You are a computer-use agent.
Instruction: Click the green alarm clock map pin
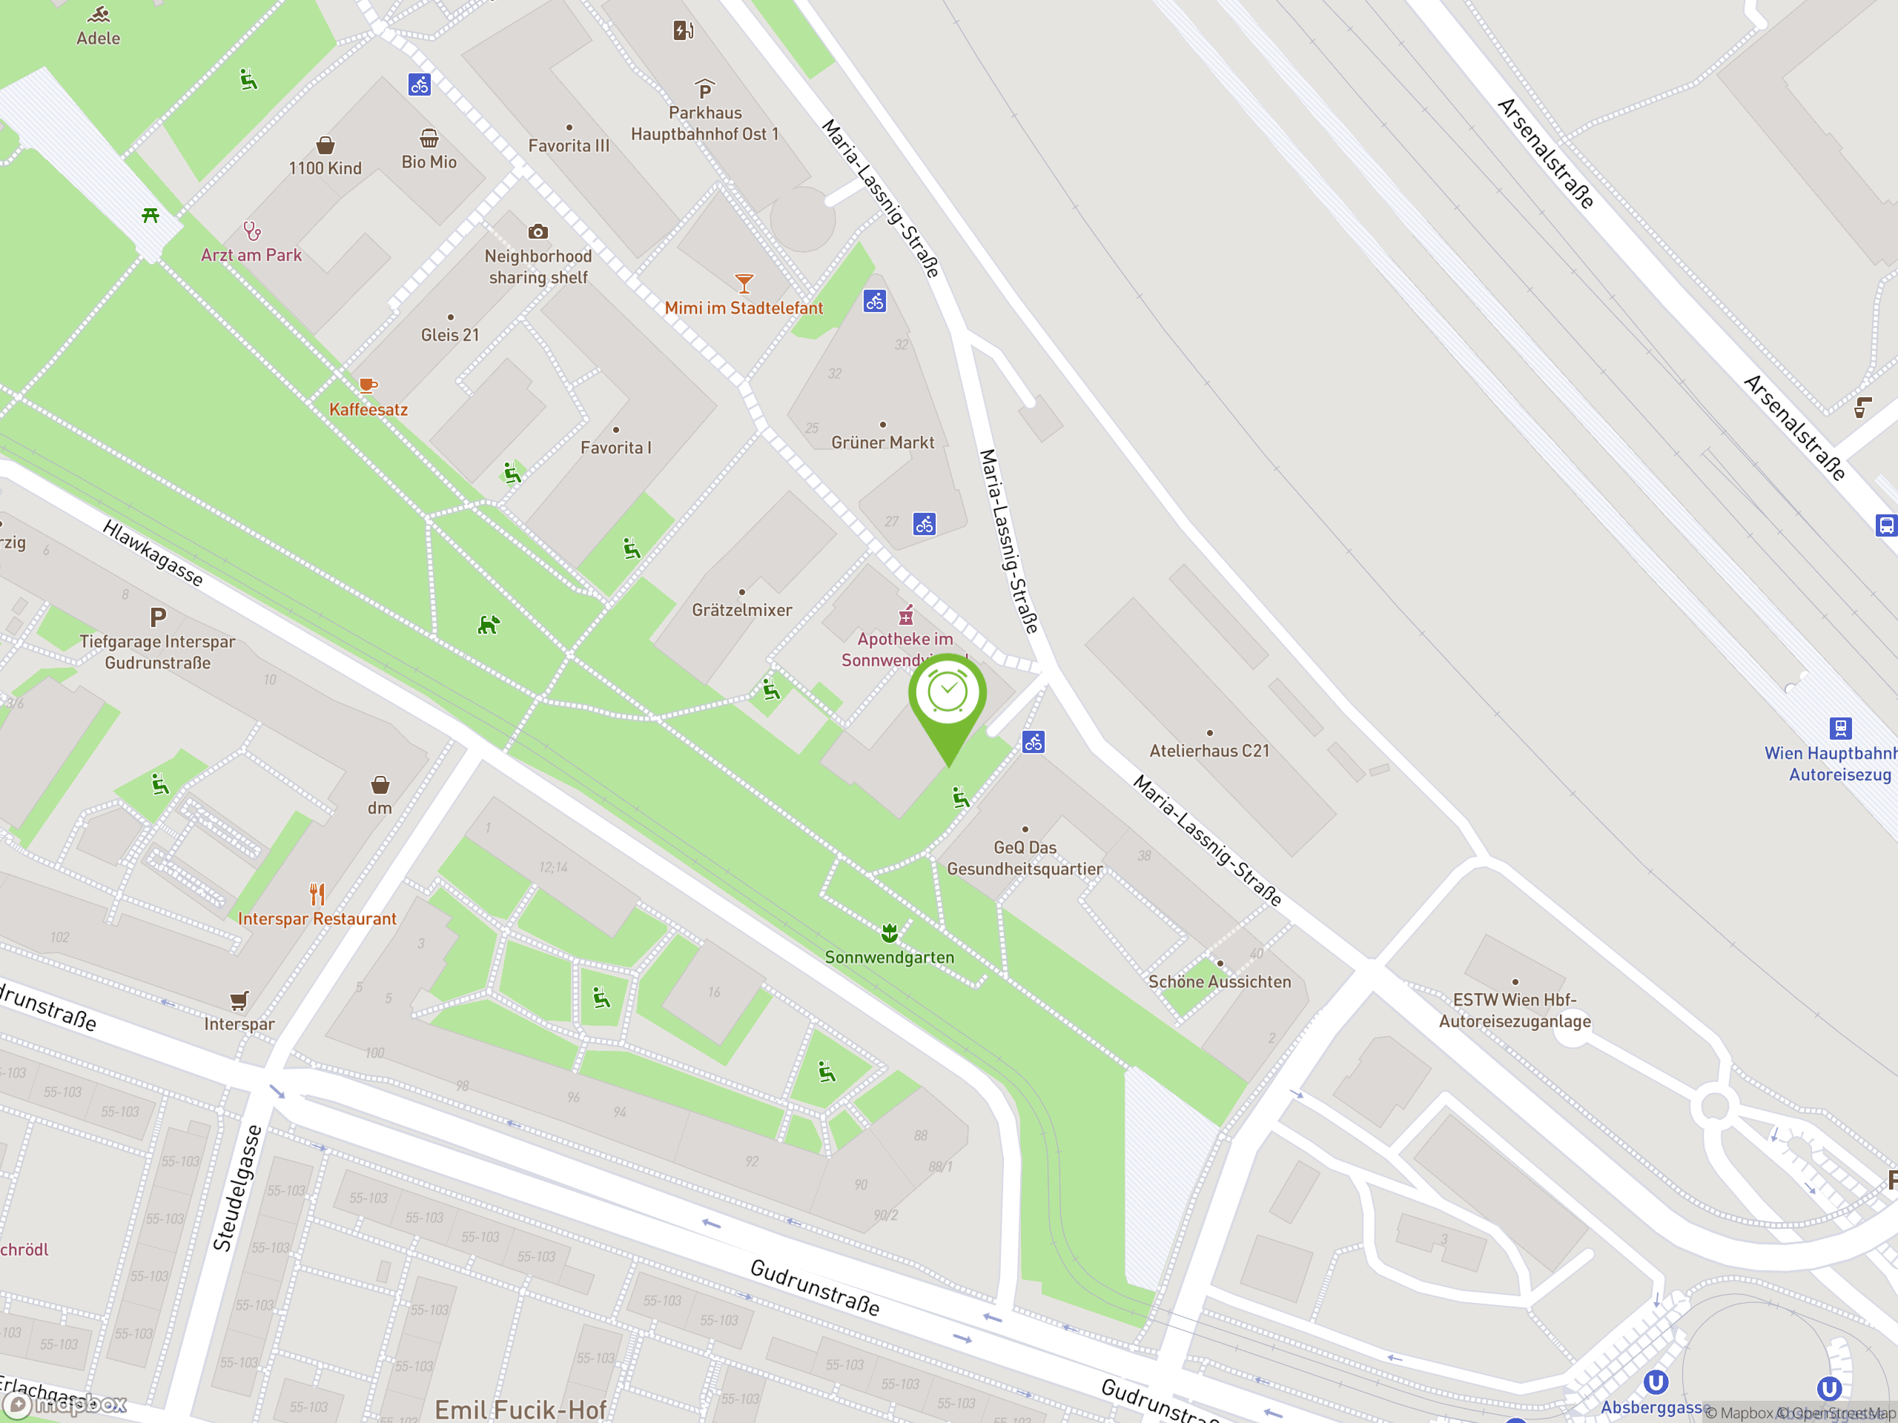(948, 694)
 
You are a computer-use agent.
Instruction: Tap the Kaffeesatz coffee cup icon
(367, 385)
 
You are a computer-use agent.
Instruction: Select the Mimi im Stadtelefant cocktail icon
(744, 283)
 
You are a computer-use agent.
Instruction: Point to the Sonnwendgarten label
(889, 958)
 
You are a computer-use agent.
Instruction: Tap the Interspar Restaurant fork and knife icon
(317, 895)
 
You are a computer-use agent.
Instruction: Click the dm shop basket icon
(380, 785)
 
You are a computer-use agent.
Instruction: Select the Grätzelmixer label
(741, 610)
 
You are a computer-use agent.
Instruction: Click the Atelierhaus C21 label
(1209, 751)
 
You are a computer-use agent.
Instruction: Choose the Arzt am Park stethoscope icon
(251, 230)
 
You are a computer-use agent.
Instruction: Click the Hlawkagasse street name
(153, 553)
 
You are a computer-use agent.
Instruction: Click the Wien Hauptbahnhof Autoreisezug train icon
(1840, 729)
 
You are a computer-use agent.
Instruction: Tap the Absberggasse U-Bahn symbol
(1655, 1383)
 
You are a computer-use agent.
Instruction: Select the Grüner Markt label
(882, 442)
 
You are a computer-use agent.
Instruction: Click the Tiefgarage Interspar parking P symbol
(158, 617)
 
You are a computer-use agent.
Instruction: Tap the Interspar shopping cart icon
(239, 1000)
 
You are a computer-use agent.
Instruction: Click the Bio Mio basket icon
(429, 138)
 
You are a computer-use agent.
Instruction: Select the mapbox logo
(66, 1404)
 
